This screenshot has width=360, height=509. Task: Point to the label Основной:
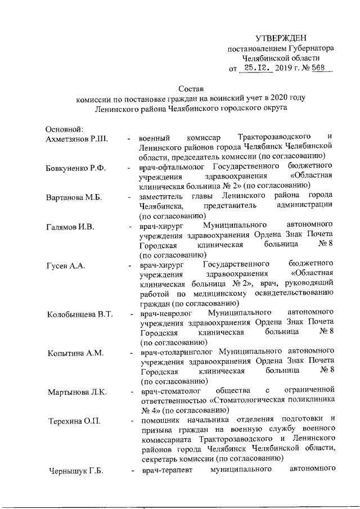(x=65, y=129)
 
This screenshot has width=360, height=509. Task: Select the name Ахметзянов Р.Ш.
(x=76, y=139)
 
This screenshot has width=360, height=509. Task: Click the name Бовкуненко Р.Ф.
(x=76, y=168)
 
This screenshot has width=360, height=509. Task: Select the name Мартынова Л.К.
(x=77, y=392)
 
